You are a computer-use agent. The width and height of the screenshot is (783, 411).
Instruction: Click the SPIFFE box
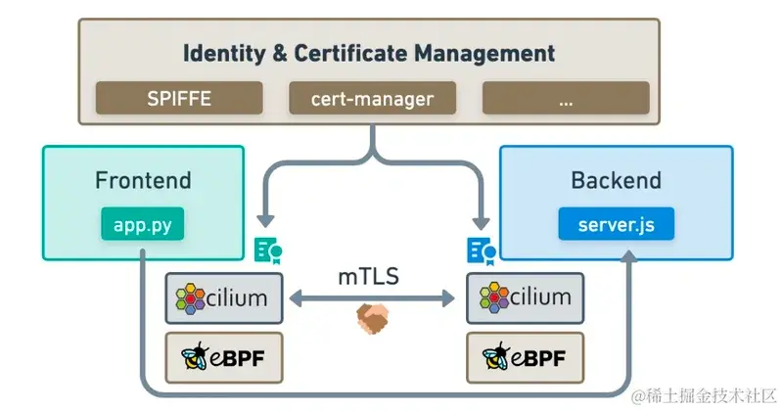point(179,98)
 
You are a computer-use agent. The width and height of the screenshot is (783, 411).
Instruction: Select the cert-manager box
point(372,98)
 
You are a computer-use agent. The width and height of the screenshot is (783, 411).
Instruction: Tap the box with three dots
point(566,98)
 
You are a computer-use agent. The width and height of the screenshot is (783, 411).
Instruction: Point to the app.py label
point(143,224)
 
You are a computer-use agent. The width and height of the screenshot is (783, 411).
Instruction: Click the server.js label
point(616,225)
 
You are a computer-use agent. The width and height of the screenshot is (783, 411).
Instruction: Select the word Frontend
point(143,181)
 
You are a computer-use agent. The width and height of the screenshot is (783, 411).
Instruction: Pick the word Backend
point(616,181)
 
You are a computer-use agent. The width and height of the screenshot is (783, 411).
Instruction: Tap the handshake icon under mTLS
point(373,315)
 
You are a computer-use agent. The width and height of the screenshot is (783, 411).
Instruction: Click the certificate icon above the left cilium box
point(267,251)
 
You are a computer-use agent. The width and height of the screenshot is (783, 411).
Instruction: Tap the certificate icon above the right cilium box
point(481,251)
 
